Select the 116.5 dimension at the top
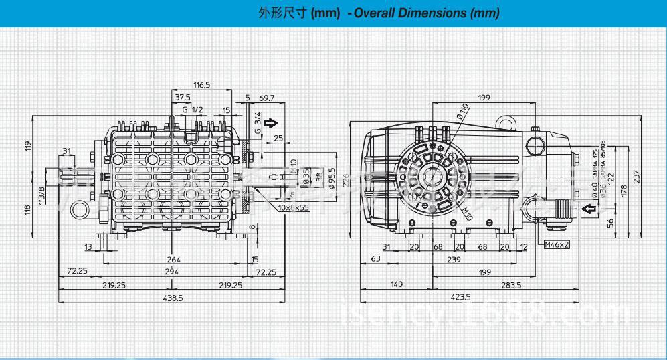click(x=202, y=85)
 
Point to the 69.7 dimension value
click(x=266, y=98)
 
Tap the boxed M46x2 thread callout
click(x=557, y=244)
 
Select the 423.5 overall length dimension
click(x=460, y=298)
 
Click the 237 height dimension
click(x=655, y=175)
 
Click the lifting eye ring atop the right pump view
click(x=506, y=120)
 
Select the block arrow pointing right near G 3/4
click(x=270, y=123)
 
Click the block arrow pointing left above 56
click(x=589, y=210)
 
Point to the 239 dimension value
click(x=454, y=260)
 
